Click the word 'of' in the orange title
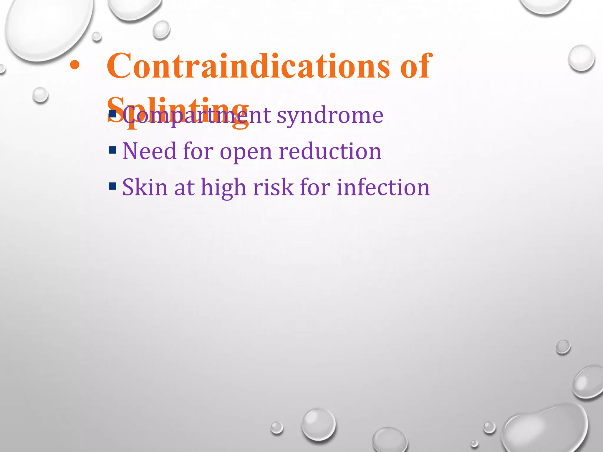[415, 66]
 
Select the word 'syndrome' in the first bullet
[330, 116]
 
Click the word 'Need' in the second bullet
[149, 151]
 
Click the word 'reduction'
[330, 151]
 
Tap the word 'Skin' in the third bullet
[145, 187]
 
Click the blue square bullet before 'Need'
[112, 150]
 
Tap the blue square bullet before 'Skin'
[112, 186]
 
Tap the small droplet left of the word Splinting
[40, 95]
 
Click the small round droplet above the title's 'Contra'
[161, 30]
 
